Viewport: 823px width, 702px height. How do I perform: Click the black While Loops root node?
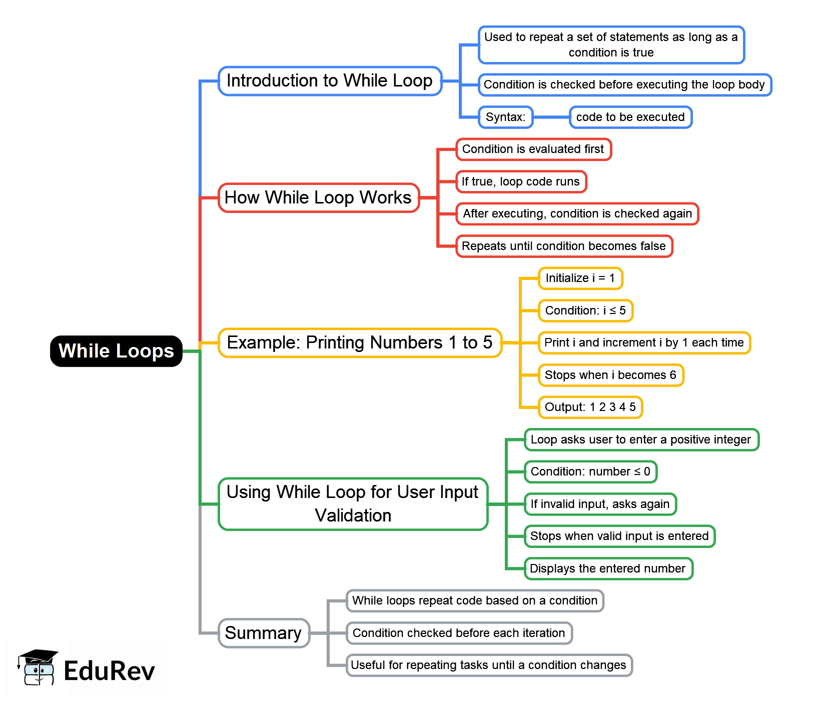(116, 351)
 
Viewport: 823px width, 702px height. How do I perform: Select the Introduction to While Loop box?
(330, 81)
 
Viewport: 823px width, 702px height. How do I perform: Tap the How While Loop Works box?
(318, 197)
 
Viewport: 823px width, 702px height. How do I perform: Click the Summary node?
(264, 633)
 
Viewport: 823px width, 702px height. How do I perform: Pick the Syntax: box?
(505, 117)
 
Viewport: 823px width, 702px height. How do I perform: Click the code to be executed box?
(630, 117)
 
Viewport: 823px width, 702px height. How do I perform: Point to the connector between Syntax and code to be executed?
(551, 117)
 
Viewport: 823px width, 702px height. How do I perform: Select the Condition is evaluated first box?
(533, 149)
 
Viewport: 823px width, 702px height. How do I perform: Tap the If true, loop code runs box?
(521, 181)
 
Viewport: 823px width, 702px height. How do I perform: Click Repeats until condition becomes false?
(564, 246)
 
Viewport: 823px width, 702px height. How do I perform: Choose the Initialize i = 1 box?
(580, 278)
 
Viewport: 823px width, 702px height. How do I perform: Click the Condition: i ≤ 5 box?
(585, 310)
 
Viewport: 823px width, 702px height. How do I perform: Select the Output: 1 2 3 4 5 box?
(590, 407)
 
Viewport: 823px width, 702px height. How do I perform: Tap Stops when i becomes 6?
(610, 375)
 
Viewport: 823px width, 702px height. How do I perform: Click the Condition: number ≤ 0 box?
(590, 471)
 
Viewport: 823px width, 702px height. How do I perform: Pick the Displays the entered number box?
(608, 568)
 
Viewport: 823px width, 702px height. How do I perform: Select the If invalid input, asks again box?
(600, 504)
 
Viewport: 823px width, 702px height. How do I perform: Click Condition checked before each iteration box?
(459, 633)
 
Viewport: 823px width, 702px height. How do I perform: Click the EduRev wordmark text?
(110, 670)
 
